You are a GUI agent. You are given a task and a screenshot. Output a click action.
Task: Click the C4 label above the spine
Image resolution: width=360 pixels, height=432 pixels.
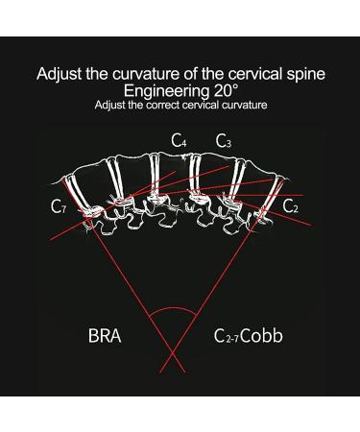pyautogui.click(x=179, y=142)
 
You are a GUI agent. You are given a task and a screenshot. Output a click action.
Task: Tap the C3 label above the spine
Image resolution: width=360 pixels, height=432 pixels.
pyautogui.click(x=223, y=142)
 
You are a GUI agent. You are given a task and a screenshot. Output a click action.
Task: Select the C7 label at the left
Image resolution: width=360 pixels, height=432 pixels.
pyautogui.click(x=60, y=205)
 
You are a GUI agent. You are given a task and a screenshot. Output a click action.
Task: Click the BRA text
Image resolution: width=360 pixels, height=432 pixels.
pyautogui.click(x=104, y=337)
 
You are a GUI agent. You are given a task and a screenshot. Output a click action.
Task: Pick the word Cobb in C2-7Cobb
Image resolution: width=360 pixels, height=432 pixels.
pyautogui.click(x=262, y=337)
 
